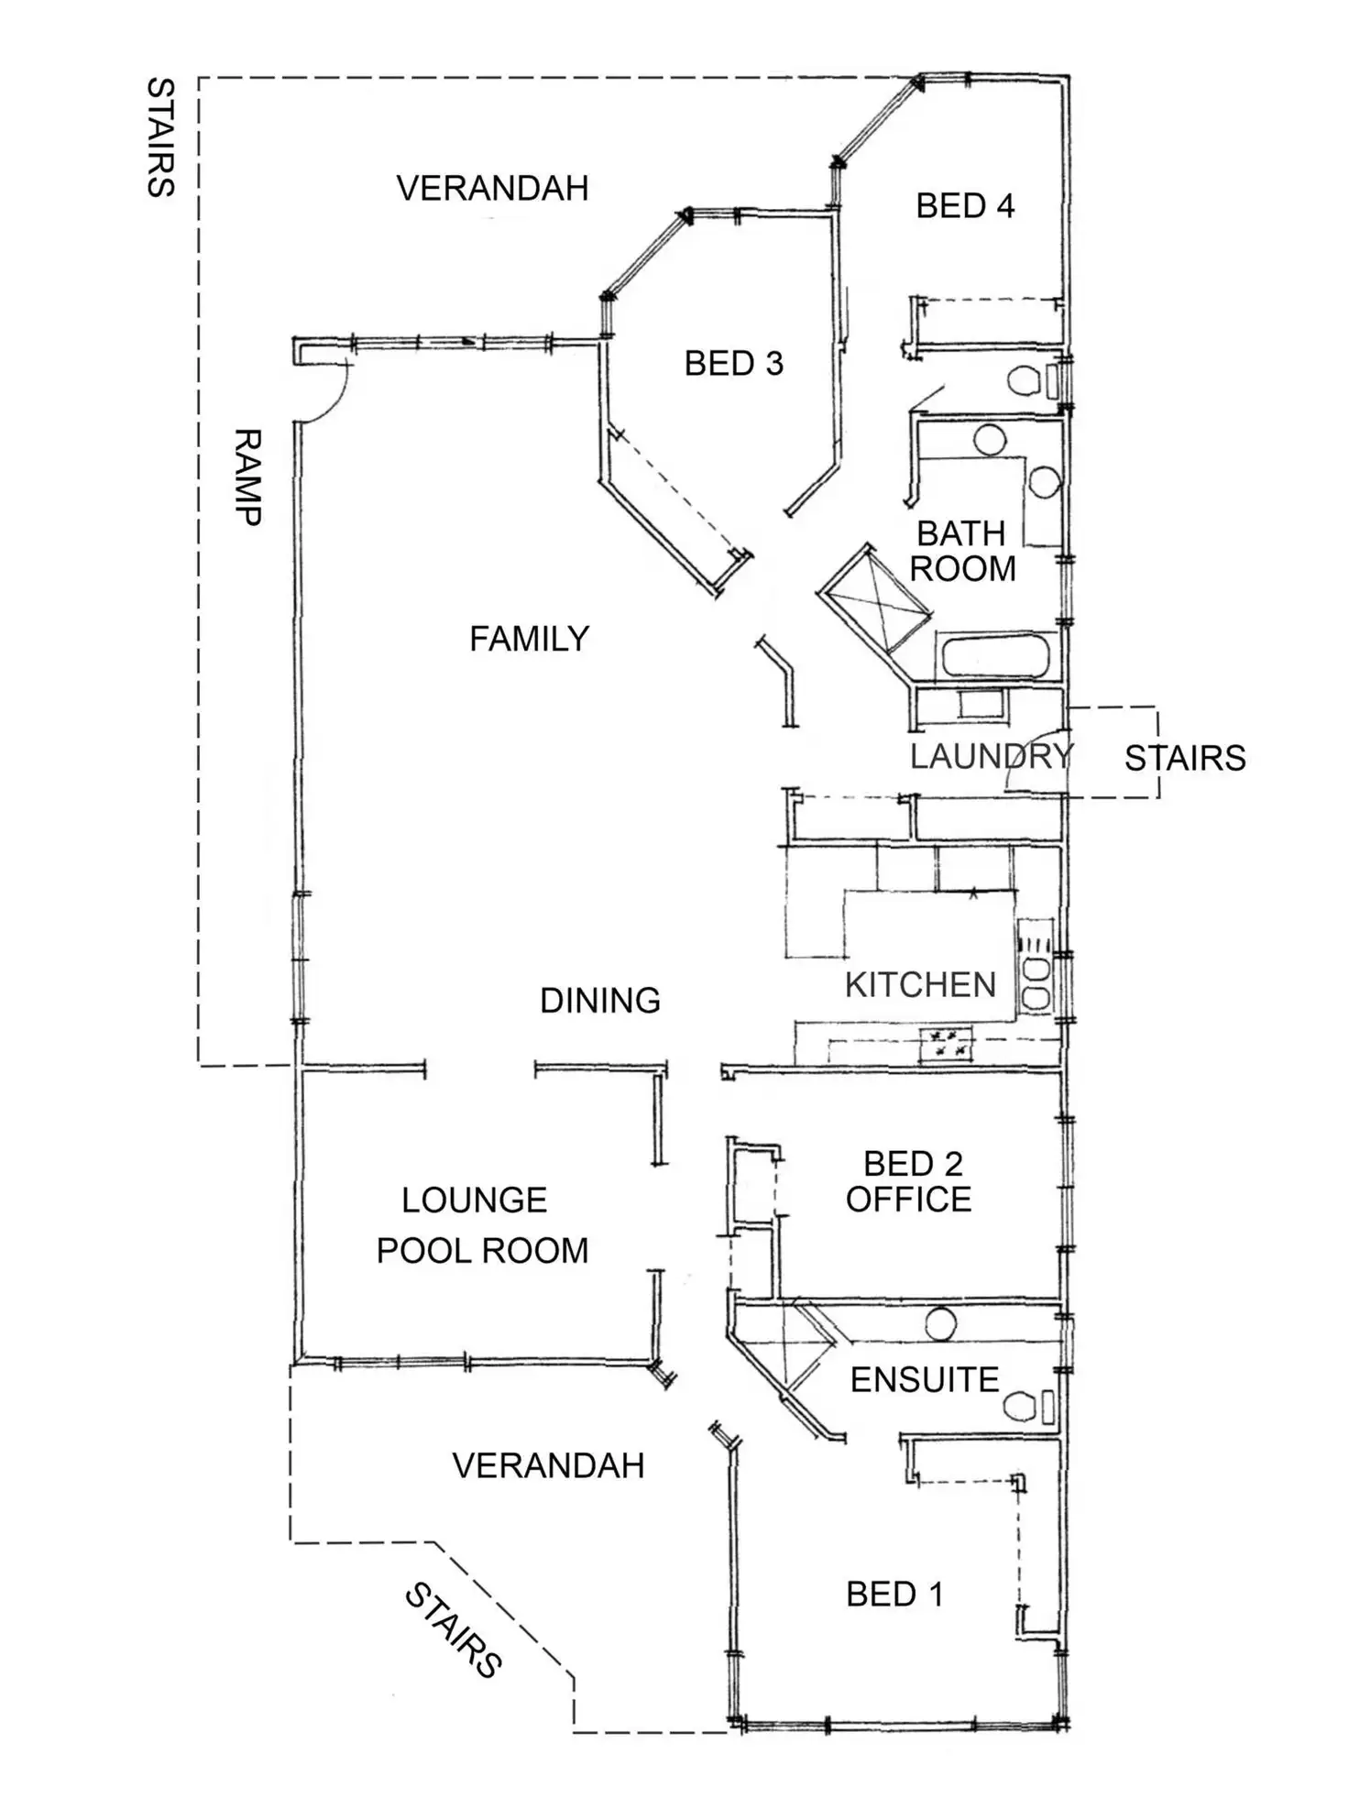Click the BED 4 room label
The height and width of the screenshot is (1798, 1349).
(965, 206)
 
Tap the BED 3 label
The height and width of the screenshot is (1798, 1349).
(734, 364)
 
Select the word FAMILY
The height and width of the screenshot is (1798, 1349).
(529, 639)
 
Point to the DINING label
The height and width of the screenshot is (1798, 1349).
(600, 1001)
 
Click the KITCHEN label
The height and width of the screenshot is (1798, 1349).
(920, 985)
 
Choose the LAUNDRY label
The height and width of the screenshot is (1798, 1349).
(992, 757)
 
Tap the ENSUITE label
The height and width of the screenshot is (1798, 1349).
(925, 1380)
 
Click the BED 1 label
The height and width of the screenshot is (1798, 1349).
(894, 1595)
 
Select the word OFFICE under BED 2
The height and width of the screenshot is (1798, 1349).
(908, 1200)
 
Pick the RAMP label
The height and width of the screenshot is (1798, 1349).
(247, 477)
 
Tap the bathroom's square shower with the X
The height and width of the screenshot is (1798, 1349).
(874, 598)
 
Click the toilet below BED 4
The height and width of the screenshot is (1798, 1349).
(1034, 380)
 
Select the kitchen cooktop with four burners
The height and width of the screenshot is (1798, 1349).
(948, 1046)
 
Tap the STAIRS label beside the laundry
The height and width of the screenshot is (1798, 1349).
(1185, 759)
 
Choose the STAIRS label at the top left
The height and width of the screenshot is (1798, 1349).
(160, 137)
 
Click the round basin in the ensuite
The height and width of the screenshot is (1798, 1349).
(941, 1324)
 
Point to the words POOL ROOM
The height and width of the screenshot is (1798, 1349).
(482, 1251)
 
